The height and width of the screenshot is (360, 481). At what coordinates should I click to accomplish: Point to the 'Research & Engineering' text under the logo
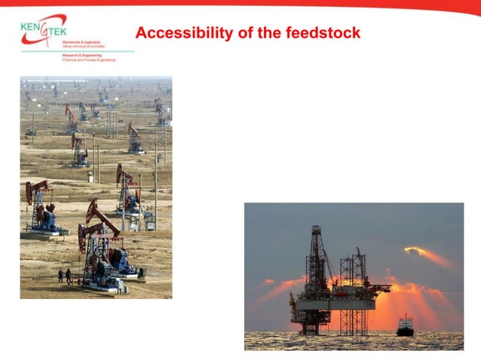[80, 55]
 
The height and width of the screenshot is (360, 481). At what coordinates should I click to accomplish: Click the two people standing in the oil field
[64, 276]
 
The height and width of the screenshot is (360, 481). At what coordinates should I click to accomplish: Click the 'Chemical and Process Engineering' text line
[87, 59]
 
